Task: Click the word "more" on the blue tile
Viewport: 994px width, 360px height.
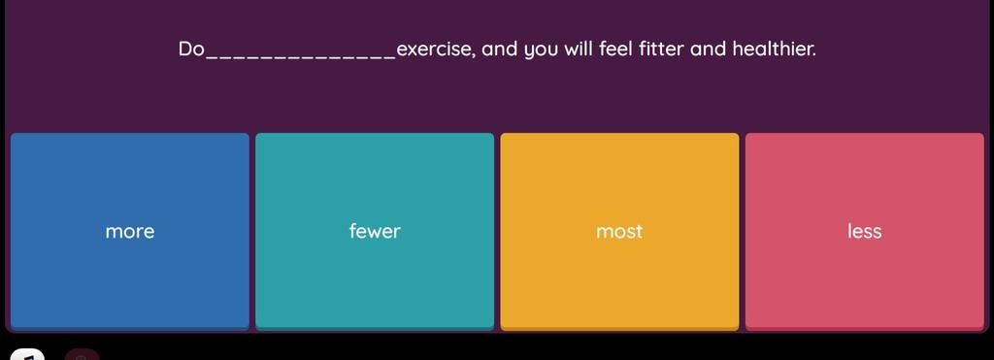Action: (x=130, y=232)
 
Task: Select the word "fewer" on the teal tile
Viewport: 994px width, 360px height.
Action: (x=375, y=231)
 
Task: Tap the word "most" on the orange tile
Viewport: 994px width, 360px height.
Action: (x=619, y=231)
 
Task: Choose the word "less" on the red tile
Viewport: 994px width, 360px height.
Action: (x=864, y=231)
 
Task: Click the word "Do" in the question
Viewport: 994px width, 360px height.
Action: (x=191, y=49)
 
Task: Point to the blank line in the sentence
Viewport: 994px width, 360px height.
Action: (x=301, y=57)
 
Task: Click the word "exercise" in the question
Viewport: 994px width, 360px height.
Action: (x=434, y=49)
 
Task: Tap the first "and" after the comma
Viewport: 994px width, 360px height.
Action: (x=500, y=49)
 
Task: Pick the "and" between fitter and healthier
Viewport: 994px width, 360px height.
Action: (x=708, y=49)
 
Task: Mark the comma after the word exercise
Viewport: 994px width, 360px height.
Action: (x=474, y=55)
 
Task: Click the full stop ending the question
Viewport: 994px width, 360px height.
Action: (x=814, y=55)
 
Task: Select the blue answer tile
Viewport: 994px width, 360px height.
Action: (x=130, y=231)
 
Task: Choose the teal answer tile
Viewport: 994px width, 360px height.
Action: (x=375, y=231)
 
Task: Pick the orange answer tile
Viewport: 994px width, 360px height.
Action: (x=619, y=231)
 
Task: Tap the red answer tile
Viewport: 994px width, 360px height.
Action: (x=864, y=231)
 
